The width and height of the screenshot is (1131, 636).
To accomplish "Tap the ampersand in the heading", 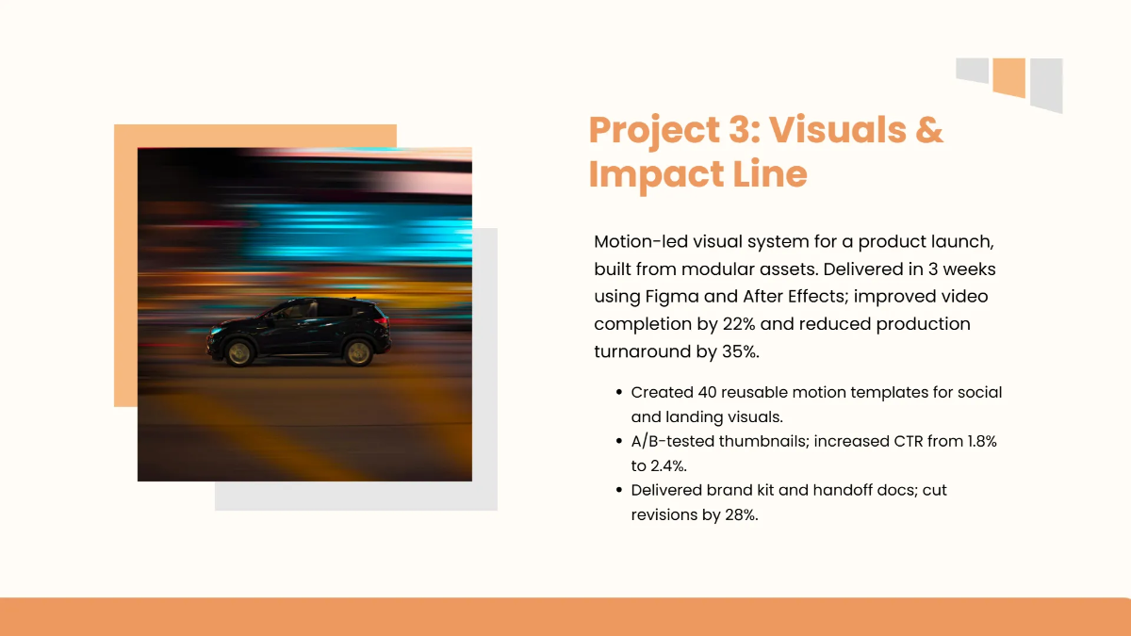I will (x=927, y=130).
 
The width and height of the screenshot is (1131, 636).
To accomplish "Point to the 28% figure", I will (x=738, y=514).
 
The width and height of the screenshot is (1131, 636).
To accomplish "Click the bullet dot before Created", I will (x=618, y=392).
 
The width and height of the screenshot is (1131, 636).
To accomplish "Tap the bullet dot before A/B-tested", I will (x=618, y=441).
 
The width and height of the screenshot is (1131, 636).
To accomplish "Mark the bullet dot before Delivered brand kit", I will (x=618, y=490).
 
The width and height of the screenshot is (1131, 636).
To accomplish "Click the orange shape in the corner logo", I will (x=1008, y=77).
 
